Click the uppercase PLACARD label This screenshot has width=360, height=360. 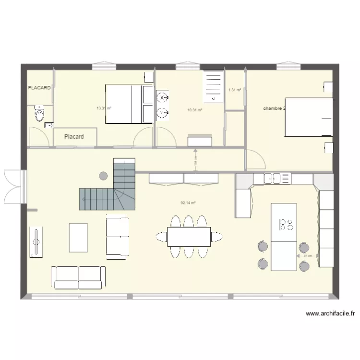(x=39, y=88)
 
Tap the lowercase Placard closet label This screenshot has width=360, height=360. (x=74, y=137)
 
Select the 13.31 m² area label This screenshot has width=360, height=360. (x=104, y=108)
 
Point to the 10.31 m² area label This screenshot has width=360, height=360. (x=194, y=110)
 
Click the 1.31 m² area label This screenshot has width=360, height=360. (x=234, y=90)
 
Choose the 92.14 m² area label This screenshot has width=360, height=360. (x=188, y=203)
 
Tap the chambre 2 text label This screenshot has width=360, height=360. (x=274, y=108)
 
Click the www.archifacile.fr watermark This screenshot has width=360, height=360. (x=330, y=314)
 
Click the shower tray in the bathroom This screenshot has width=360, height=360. (x=213, y=86)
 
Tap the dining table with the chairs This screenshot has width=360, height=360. (x=189, y=236)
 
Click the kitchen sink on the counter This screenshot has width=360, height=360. (x=273, y=179)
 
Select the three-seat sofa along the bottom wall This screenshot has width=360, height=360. (x=78, y=277)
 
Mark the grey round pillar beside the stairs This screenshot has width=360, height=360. (x=103, y=175)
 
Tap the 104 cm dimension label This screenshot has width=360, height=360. (x=195, y=162)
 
